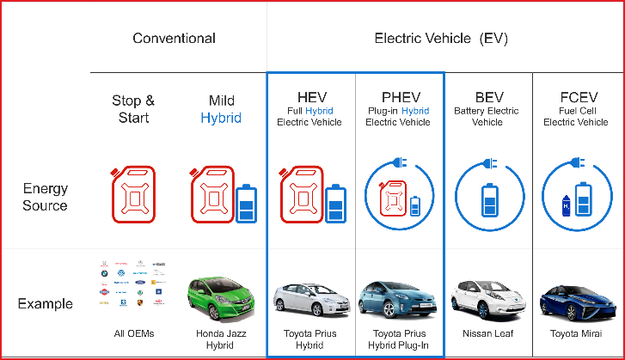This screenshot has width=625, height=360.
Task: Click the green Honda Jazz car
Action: (x=221, y=297)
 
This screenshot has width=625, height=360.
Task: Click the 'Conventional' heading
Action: (x=174, y=38)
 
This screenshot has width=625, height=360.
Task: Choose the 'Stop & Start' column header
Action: (x=133, y=109)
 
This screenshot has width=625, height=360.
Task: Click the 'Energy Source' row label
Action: (x=46, y=197)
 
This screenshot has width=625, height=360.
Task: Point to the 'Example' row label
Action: (x=46, y=303)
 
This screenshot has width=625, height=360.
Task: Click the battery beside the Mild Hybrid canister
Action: (x=247, y=204)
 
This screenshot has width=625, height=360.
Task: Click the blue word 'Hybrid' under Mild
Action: (x=221, y=118)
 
